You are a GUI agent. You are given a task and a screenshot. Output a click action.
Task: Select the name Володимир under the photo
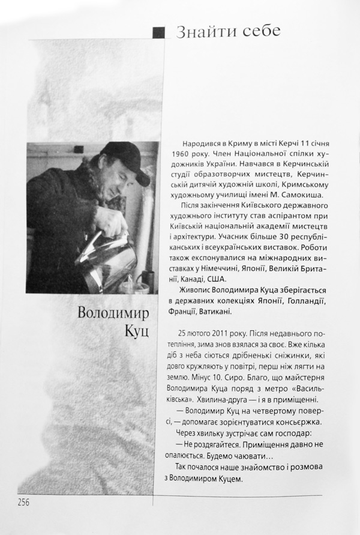118,313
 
